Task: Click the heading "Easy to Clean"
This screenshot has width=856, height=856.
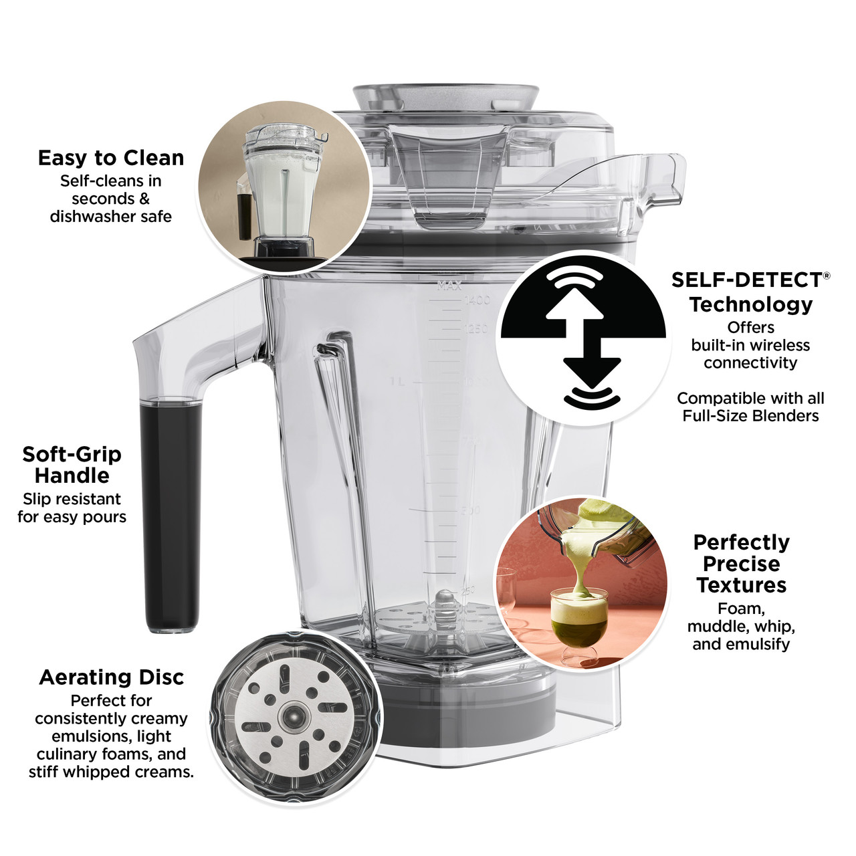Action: [111, 158]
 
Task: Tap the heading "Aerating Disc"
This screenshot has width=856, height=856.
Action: [111, 677]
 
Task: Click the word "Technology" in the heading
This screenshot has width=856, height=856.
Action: [751, 304]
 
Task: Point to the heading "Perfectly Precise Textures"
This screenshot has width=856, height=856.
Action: [742, 563]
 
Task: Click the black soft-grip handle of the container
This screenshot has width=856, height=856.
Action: [171, 515]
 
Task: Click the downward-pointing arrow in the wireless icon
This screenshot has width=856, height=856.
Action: [592, 364]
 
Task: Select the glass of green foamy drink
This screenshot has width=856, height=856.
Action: [574, 622]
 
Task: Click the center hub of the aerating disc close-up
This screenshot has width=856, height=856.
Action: [292, 717]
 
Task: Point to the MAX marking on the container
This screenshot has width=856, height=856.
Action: [449, 286]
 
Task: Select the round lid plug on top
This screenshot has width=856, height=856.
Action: [446, 96]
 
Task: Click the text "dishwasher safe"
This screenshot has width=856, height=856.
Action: [111, 217]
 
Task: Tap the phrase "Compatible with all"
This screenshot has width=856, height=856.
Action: [750, 399]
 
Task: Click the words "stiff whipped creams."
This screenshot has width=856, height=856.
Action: [111, 772]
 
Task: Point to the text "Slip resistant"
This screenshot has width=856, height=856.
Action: [72, 499]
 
